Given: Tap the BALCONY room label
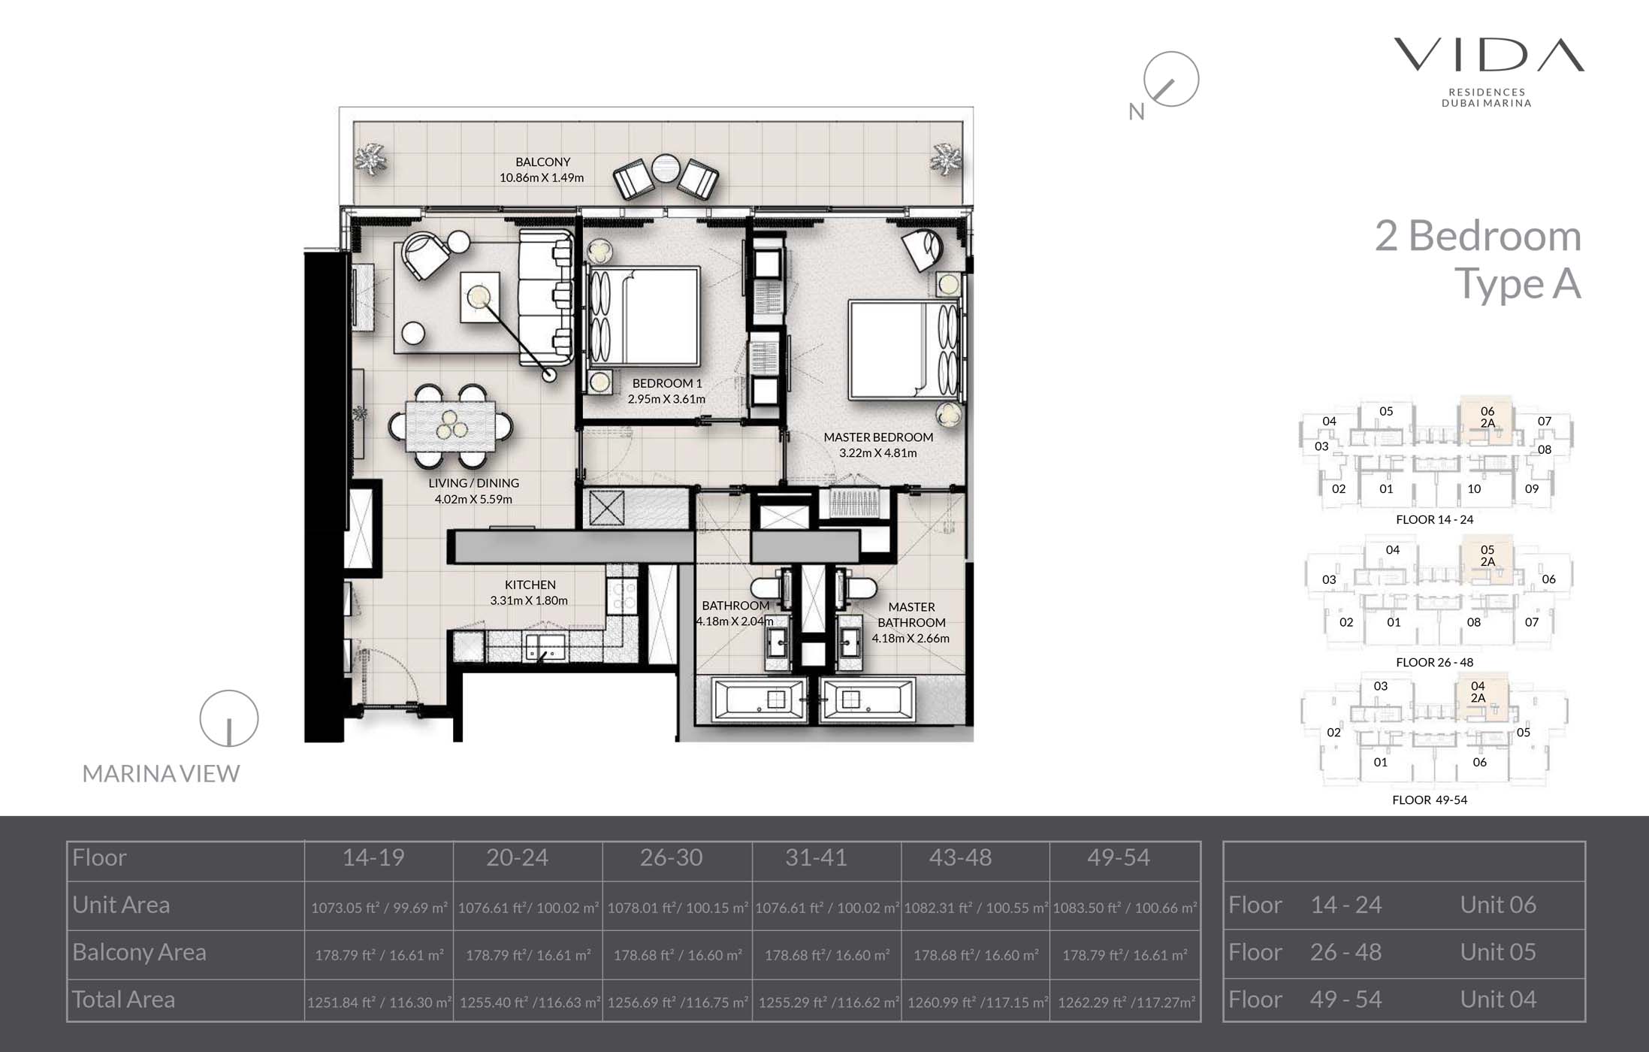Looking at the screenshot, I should pos(542,162).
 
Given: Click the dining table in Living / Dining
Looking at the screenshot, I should pos(451,426).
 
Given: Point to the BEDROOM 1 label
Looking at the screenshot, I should pos(666,383).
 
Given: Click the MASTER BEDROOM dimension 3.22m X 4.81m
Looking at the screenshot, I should pos(877,453).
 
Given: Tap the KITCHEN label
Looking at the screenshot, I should pos(530,585).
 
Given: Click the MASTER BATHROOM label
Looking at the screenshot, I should pos(911,615).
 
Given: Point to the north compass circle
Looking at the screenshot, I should pos(1170,79).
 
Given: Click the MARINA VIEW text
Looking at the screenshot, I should pos(161,773).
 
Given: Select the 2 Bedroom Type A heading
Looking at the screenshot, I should pos(1478,260).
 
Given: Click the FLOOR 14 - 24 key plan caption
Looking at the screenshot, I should pos(1434,519).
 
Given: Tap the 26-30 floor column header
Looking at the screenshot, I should pos(671,857).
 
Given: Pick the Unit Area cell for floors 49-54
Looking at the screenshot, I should pos(1124,908).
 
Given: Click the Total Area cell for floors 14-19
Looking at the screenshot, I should pos(379,1002).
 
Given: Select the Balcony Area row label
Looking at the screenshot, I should pos(139,952).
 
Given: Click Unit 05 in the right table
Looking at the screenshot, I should pos(1497,952).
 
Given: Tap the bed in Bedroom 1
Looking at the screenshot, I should pos(645,316).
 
